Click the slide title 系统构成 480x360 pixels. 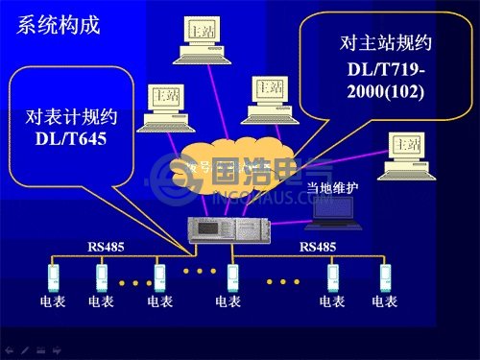tap(59, 25)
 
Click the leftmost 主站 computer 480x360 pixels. tap(165, 106)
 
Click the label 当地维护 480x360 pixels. tap(332, 188)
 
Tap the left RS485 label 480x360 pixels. tap(106, 247)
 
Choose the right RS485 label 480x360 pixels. tap(318, 247)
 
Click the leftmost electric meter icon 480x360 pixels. tap(55, 278)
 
